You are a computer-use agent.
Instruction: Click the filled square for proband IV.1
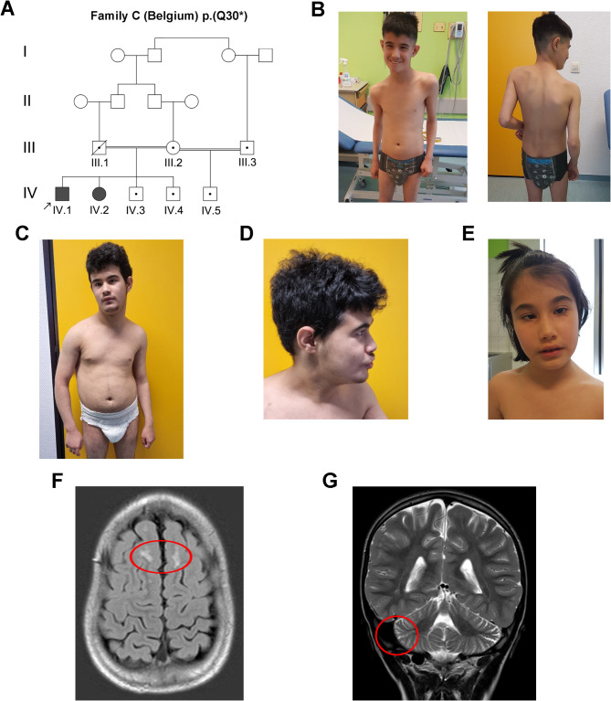[x=62, y=193]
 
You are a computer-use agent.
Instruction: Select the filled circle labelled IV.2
[x=100, y=193]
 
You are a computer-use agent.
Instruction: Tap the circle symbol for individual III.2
[x=173, y=146]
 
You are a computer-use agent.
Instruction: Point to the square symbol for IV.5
[x=210, y=193]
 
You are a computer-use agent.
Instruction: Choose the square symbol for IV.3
[x=136, y=193]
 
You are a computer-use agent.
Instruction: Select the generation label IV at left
[x=28, y=193]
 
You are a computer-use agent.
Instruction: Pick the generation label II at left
[x=28, y=100]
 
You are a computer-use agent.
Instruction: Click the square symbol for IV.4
[x=173, y=193]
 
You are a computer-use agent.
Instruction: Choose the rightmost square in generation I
[x=266, y=54]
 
